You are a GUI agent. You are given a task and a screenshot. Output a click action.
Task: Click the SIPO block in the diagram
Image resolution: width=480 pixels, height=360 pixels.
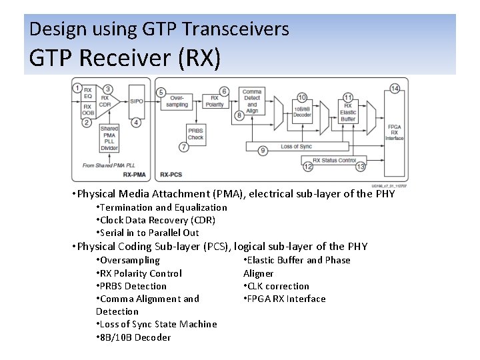pos(136,101)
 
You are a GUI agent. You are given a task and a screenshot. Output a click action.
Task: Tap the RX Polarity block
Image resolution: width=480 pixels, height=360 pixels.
pos(214,102)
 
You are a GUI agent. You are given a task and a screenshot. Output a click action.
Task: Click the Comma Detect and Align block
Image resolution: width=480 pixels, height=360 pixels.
pos(252,101)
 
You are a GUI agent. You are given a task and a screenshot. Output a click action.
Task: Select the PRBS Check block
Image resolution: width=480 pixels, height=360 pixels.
pos(195,134)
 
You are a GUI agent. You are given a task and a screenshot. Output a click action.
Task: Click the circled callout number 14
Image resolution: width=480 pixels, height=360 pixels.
pos(395,89)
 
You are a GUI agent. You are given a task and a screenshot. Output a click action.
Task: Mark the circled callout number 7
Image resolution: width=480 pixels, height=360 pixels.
pos(184,147)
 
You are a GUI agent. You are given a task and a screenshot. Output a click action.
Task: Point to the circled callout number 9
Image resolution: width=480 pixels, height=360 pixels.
pos(262,151)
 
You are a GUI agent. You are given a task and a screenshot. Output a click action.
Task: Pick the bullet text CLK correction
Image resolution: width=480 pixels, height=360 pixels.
pos(278,286)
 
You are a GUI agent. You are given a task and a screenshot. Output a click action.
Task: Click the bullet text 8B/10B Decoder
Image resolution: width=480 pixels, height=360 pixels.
pos(135,337)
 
